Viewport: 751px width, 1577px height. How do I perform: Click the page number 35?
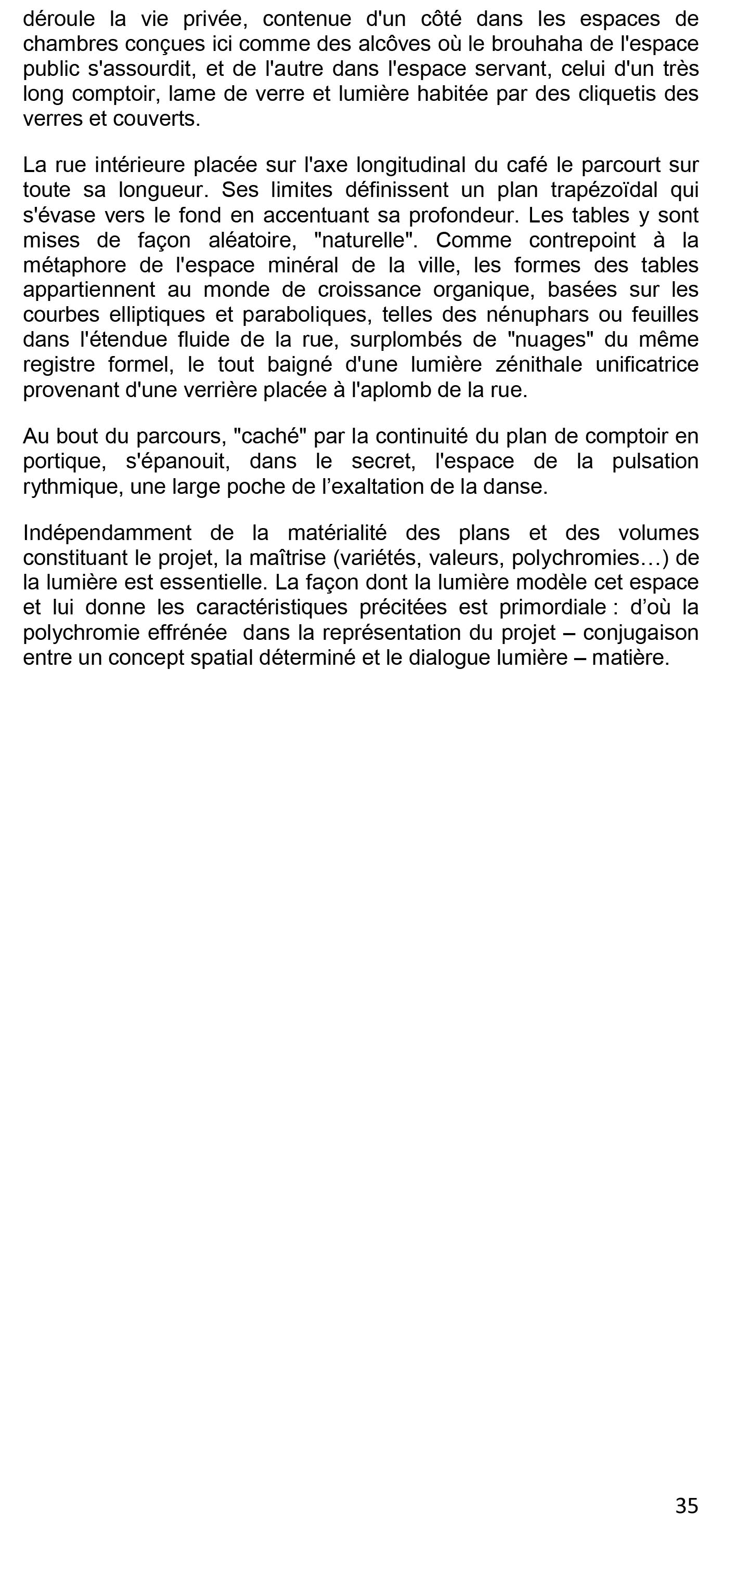coord(686,1505)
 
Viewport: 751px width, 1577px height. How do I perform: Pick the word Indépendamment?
coord(107,533)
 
